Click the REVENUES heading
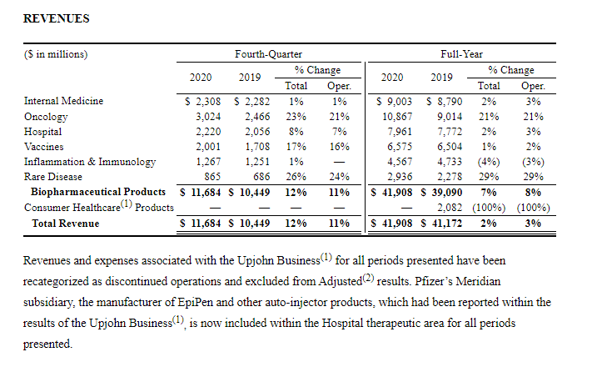click(57, 18)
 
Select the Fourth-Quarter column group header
click(268, 54)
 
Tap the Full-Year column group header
click(461, 54)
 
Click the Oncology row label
click(46, 117)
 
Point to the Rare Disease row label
click(52, 177)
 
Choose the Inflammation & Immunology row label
click(90, 162)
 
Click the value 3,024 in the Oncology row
click(208, 117)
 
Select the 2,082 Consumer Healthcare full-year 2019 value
click(450, 208)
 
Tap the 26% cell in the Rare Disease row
click(296, 177)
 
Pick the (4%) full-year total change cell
click(489, 162)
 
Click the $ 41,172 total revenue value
click(442, 223)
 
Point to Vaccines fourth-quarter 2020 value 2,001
click(208, 147)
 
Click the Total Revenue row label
click(66, 224)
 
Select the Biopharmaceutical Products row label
click(98, 192)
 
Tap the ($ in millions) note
click(56, 54)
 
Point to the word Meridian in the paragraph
click(478, 281)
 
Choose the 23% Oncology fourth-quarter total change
click(296, 117)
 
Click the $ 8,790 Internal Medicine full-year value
click(445, 102)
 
